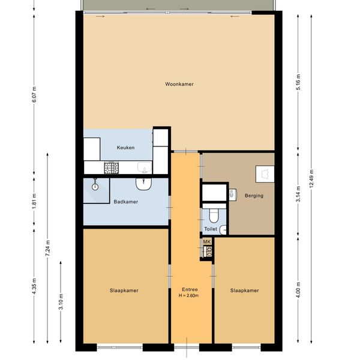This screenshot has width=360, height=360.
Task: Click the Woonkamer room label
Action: [179, 84]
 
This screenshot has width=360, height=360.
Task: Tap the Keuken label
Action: [125, 148]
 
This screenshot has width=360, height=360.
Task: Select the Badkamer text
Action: [126, 202]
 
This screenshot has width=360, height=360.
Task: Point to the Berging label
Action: [254, 196]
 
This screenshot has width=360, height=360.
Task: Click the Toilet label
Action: [211, 229]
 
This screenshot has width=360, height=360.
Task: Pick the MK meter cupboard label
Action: [207, 242]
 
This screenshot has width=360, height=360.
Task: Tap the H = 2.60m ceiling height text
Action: [188, 295]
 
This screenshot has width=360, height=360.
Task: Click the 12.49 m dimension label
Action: [311, 178]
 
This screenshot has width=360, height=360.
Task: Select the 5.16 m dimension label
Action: [298, 82]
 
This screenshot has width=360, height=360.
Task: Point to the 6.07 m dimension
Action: [34, 95]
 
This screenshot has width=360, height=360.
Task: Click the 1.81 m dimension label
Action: [34, 201]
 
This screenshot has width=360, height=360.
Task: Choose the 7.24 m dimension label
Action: [47, 248]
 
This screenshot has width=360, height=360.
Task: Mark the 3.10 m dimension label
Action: [61, 301]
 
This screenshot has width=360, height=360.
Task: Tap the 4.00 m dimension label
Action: [298, 290]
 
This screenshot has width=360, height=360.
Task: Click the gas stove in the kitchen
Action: [112, 167]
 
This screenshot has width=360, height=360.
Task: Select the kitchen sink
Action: [145, 167]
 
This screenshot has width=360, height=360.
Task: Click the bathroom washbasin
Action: [143, 184]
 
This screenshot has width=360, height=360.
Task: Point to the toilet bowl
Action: [214, 215]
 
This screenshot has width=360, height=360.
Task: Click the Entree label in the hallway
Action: [190, 290]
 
